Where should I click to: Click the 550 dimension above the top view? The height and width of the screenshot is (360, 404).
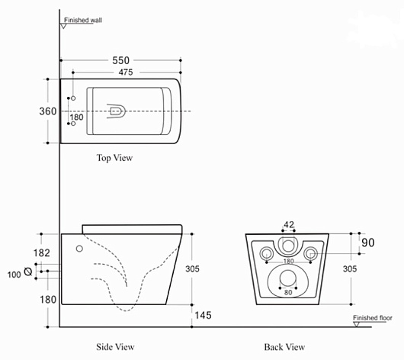pyautogui.click(x=121, y=60)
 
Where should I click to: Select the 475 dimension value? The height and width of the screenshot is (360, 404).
pyautogui.click(x=126, y=72)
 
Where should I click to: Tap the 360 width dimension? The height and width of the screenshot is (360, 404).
pyautogui.click(x=48, y=111)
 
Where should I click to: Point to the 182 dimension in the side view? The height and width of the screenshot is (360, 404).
pyautogui.click(x=41, y=253)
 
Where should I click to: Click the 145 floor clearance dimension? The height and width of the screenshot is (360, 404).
pyautogui.click(x=203, y=315)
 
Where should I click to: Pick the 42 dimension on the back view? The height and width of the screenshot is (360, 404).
pyautogui.click(x=289, y=224)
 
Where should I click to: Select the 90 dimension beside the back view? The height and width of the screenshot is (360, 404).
pyautogui.click(x=368, y=243)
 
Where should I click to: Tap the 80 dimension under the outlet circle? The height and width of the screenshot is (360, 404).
pyautogui.click(x=288, y=292)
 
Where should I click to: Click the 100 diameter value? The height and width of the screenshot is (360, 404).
pyautogui.click(x=14, y=275)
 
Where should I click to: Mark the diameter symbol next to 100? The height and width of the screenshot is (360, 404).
pyautogui.click(x=28, y=272)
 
